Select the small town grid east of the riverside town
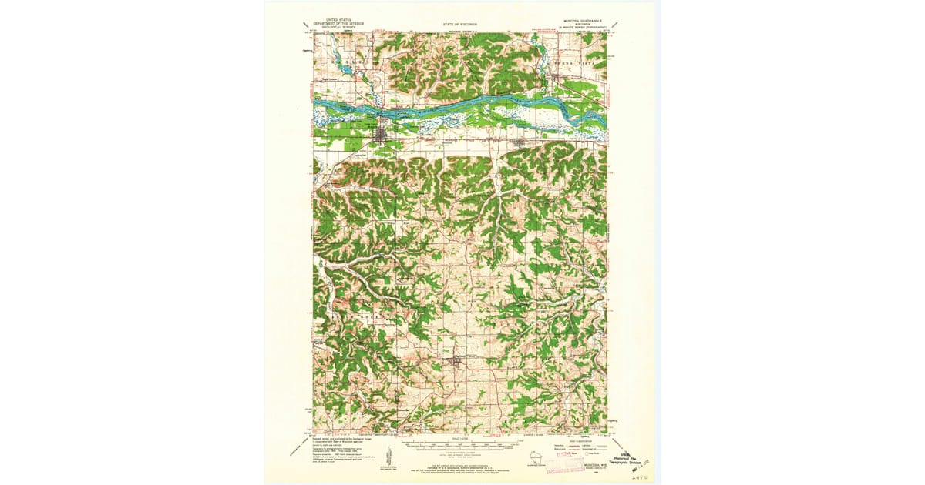tap(519, 142)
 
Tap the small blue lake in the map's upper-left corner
tap(344, 71)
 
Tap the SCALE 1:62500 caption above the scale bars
tap(459, 440)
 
